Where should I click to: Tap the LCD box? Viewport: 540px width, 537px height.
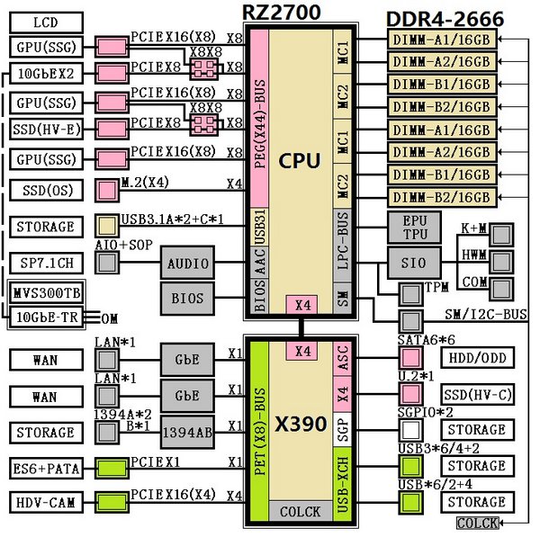click(46, 22)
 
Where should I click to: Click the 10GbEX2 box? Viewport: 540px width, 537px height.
click(46, 73)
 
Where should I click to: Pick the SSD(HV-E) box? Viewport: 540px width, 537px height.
click(46, 130)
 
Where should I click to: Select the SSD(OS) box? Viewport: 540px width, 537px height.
click(46, 190)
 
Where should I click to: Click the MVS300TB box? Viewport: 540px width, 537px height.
click(46, 293)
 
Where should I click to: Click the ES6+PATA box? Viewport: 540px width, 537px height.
click(46, 467)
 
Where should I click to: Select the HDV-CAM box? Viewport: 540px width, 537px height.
click(46, 502)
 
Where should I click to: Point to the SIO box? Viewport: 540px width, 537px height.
click(413, 264)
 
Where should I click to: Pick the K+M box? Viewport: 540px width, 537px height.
click(475, 229)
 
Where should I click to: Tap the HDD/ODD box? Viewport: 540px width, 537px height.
click(476, 359)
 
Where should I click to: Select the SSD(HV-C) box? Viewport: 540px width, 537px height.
click(476, 395)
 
